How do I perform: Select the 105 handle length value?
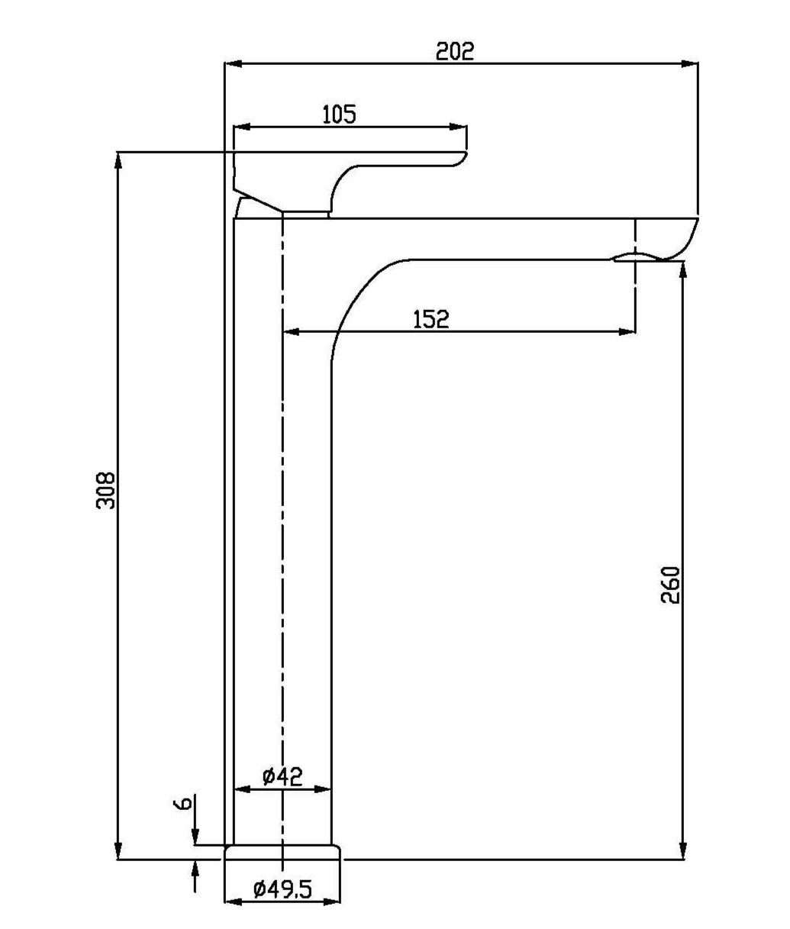pyautogui.click(x=339, y=115)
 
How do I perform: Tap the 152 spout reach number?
pyautogui.click(x=431, y=319)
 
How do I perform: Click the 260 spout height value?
pyautogui.click(x=670, y=585)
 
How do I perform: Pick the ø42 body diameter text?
pyautogui.click(x=282, y=776)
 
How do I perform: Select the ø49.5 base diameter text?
pyautogui.click(x=282, y=889)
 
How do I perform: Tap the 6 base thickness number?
pyautogui.click(x=182, y=804)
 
